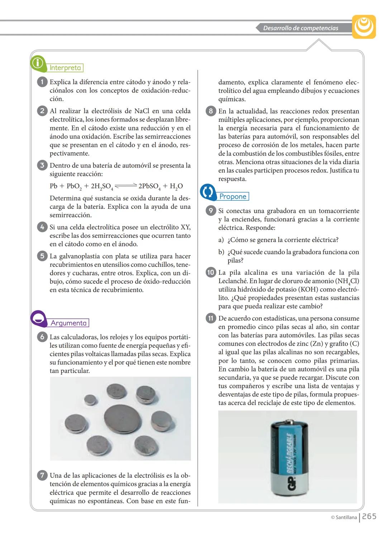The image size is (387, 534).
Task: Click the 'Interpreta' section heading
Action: [x=66, y=68]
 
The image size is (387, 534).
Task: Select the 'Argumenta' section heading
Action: [x=68, y=323]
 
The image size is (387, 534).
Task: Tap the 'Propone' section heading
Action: [x=233, y=196]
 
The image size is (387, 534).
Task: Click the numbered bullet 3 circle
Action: [x=42, y=165]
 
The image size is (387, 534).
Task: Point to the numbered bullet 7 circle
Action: [x=42, y=476]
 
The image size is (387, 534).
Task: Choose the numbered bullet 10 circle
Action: [x=211, y=273]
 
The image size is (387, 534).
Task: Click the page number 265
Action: [x=369, y=516]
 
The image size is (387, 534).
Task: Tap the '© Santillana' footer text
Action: [x=344, y=517]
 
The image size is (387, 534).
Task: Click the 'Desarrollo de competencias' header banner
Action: [x=300, y=28]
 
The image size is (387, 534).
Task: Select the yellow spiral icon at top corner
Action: [x=364, y=27]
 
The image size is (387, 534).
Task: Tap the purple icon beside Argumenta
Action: [x=38, y=318]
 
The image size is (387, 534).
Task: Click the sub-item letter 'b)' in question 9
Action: [x=221, y=252]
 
